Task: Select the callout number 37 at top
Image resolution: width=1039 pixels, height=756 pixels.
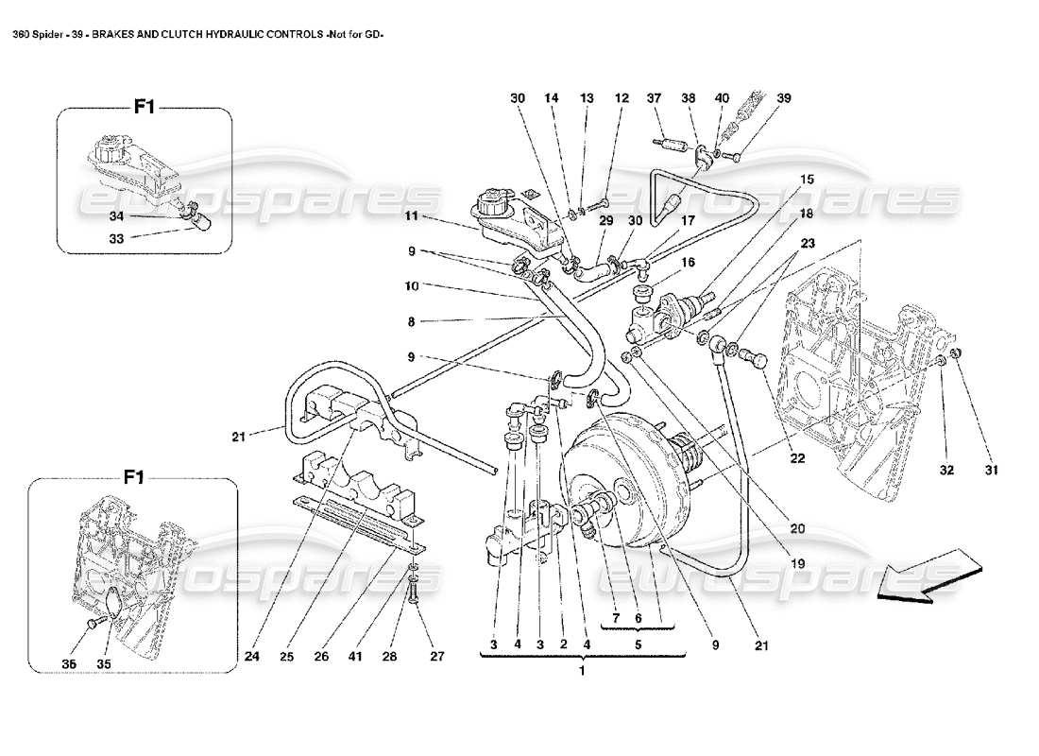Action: point(652,98)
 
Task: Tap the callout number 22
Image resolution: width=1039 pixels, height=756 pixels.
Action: point(797,459)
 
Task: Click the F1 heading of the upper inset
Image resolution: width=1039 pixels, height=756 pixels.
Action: point(144,108)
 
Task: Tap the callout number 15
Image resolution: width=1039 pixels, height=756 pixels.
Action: point(806,179)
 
